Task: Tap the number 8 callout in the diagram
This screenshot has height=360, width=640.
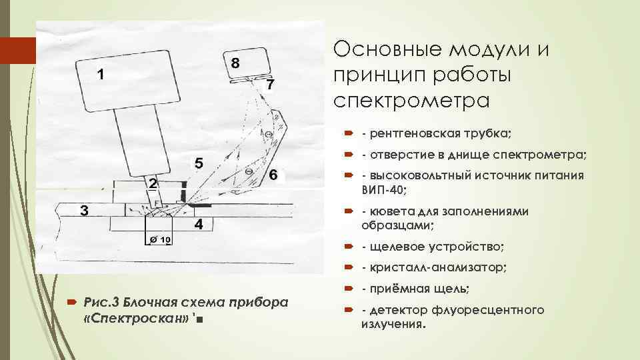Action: click(x=235, y=63)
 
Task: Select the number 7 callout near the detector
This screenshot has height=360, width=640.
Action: click(x=269, y=85)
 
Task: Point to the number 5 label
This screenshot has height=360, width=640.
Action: click(x=198, y=163)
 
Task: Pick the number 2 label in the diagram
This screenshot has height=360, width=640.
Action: click(x=153, y=183)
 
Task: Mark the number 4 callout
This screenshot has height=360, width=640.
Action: click(x=198, y=223)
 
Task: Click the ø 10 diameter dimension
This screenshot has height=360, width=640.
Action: click(x=160, y=239)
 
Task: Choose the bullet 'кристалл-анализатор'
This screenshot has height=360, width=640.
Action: click(x=434, y=267)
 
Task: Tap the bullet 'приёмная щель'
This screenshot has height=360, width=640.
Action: click(x=415, y=289)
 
